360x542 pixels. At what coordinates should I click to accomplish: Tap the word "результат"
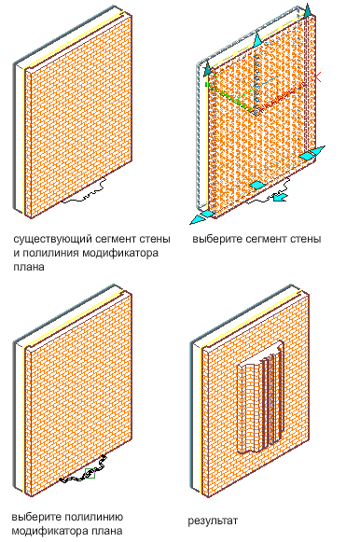click(x=213, y=521)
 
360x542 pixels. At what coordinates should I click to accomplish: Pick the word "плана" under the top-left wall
click(x=29, y=267)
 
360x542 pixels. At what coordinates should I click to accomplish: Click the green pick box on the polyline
click(x=90, y=473)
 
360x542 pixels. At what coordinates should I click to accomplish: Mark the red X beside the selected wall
click(x=316, y=77)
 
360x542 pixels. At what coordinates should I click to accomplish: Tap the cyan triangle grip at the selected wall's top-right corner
click(x=308, y=10)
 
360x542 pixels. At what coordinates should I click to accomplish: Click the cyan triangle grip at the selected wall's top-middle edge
click(x=257, y=40)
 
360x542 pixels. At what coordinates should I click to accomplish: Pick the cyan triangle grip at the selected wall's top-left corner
click(x=207, y=69)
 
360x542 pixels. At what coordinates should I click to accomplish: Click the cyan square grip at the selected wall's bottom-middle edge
click(x=256, y=185)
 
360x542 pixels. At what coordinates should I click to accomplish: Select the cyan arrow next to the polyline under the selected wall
click(x=279, y=197)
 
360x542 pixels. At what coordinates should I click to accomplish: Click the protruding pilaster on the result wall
click(x=260, y=397)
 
